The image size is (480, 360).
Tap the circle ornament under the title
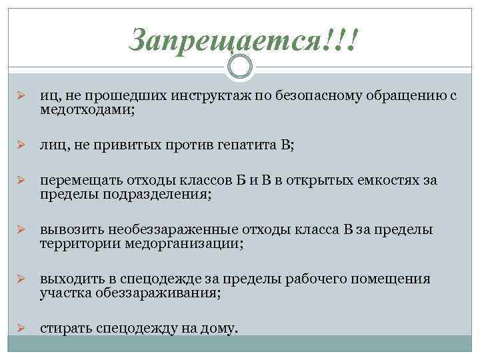coord(240,66)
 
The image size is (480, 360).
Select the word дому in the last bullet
coord(220,328)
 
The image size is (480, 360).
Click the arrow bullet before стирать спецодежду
coord(20,328)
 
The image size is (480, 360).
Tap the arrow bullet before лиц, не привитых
coord(20,147)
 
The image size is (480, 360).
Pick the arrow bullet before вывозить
coord(20,230)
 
